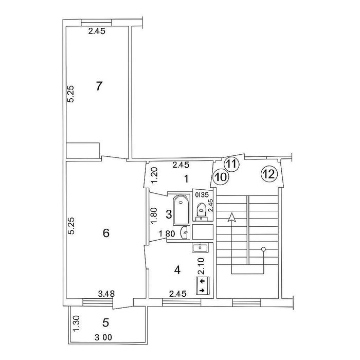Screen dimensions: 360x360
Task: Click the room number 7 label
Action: [x=99, y=86]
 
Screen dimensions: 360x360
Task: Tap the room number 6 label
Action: [x=106, y=233]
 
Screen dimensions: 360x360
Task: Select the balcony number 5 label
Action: [x=105, y=323]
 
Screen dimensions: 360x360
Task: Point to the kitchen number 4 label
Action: [x=177, y=270]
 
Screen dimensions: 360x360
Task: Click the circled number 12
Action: [x=269, y=174]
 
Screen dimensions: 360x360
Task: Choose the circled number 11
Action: [x=231, y=164]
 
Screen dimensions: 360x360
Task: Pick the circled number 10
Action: [x=221, y=177]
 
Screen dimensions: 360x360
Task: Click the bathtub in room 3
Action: [x=182, y=210]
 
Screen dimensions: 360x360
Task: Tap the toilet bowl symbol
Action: [x=202, y=209]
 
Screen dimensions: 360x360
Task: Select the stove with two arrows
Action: [x=203, y=285]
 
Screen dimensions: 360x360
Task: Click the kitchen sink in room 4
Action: [x=200, y=248]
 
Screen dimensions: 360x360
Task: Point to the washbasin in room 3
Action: [x=185, y=232]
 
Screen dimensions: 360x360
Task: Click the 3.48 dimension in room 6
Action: [x=106, y=294]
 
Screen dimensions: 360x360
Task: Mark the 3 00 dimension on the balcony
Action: [x=103, y=337]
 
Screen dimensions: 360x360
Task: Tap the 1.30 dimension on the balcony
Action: [x=76, y=323]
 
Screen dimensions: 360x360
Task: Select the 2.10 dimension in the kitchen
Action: [x=201, y=266]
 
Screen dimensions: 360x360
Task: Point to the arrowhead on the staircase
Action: [x=232, y=217]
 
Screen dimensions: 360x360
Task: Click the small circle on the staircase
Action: [x=263, y=249]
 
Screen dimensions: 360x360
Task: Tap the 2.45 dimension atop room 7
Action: [x=97, y=31]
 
